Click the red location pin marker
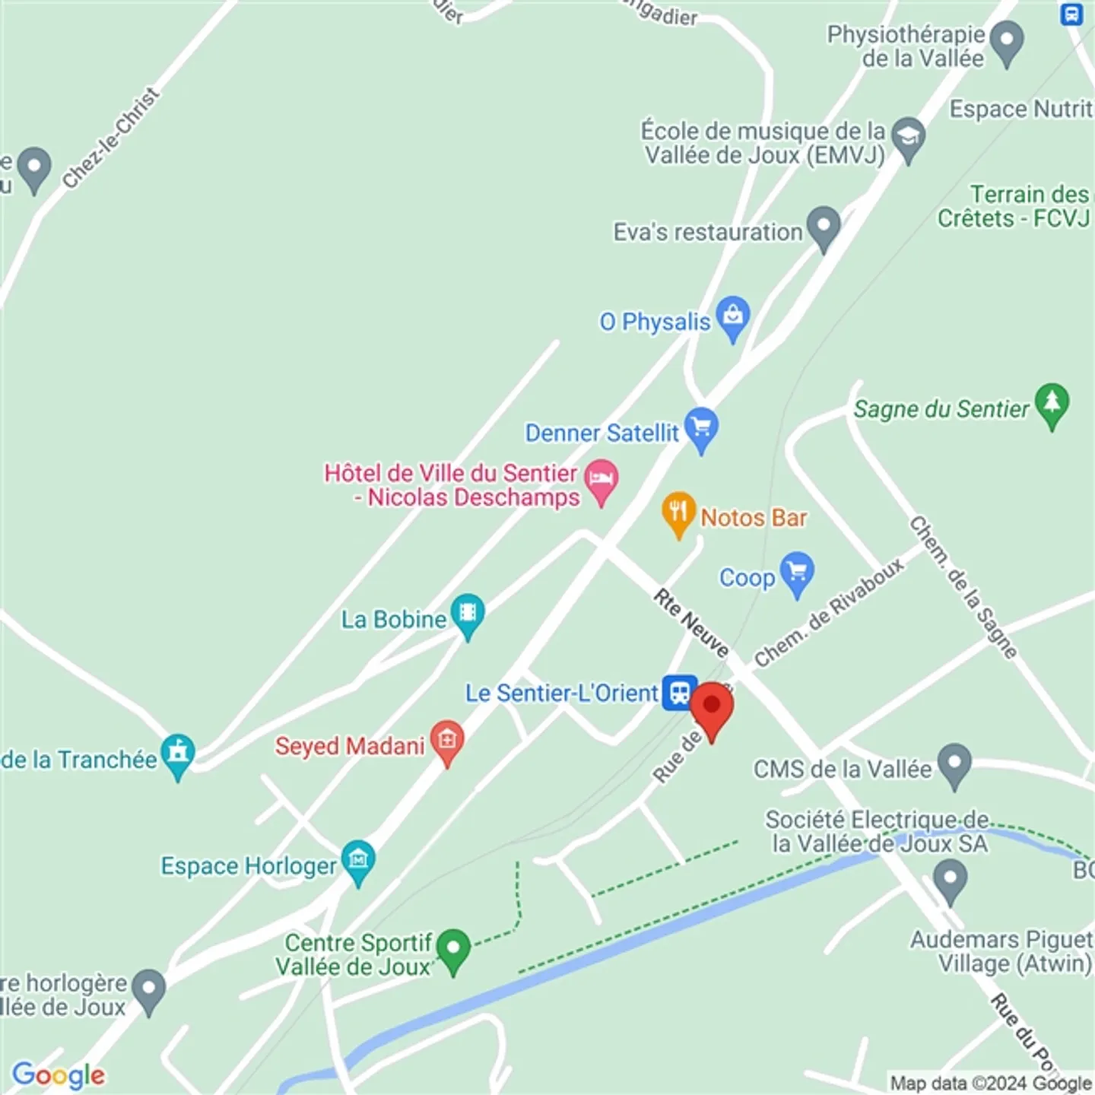[x=712, y=707]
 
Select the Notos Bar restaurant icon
[x=678, y=511]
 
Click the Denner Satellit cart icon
[x=701, y=427]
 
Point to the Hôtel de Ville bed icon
[x=601, y=478]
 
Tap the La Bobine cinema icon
[x=468, y=612]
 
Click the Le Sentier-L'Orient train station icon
[x=679, y=693]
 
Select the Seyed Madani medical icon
[x=447, y=739]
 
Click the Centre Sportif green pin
[x=454, y=948]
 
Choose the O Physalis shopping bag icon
[x=733, y=315]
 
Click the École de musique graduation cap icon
[x=908, y=137]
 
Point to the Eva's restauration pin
[x=823, y=225]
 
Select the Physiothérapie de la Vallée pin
[x=1008, y=40]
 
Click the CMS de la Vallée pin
[x=954, y=762]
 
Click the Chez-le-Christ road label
[x=111, y=138]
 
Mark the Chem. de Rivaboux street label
[x=829, y=612]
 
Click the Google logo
[x=59, y=1075]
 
